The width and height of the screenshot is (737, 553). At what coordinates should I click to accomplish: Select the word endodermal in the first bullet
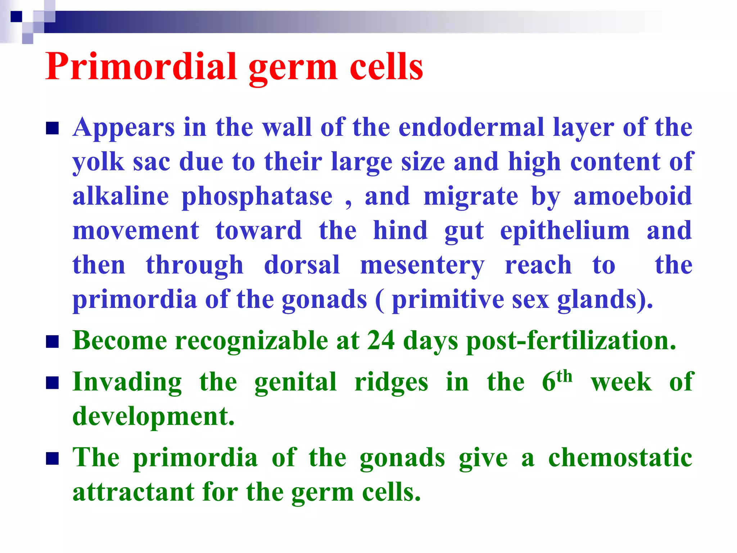471,127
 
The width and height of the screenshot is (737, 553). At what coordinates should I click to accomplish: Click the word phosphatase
257,197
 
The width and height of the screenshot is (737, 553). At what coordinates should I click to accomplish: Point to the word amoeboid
633,196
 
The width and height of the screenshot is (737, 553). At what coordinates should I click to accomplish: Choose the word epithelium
565,231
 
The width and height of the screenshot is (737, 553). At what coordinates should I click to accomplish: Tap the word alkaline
121,196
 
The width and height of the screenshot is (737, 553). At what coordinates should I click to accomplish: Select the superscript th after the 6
564,376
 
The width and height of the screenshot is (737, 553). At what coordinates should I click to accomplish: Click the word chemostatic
620,458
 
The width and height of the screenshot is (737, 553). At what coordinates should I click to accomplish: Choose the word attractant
133,492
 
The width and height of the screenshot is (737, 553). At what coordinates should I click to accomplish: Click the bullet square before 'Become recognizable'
52,342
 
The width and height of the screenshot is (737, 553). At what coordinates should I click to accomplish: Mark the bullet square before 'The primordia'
52,459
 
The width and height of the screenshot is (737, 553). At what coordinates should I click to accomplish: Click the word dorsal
302,265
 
